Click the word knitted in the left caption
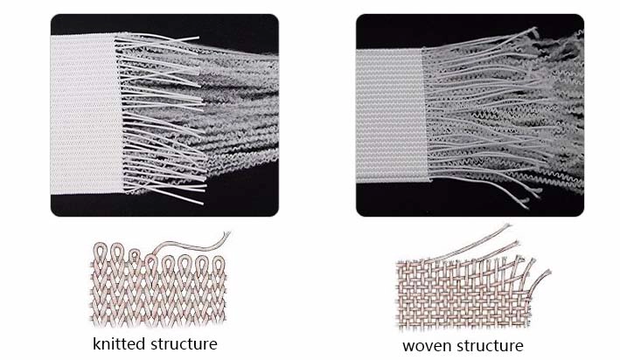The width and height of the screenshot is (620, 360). point(119,343)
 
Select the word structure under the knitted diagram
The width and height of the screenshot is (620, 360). point(184,343)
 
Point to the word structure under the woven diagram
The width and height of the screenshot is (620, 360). point(489,346)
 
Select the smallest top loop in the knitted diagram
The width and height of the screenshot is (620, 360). point(136,256)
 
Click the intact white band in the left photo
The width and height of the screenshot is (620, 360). point(86,114)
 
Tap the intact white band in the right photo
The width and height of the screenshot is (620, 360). point(391,115)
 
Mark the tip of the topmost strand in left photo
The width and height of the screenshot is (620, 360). point(199,38)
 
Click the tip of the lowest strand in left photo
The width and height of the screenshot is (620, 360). point(203,204)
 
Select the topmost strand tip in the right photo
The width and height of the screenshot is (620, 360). point(535,29)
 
